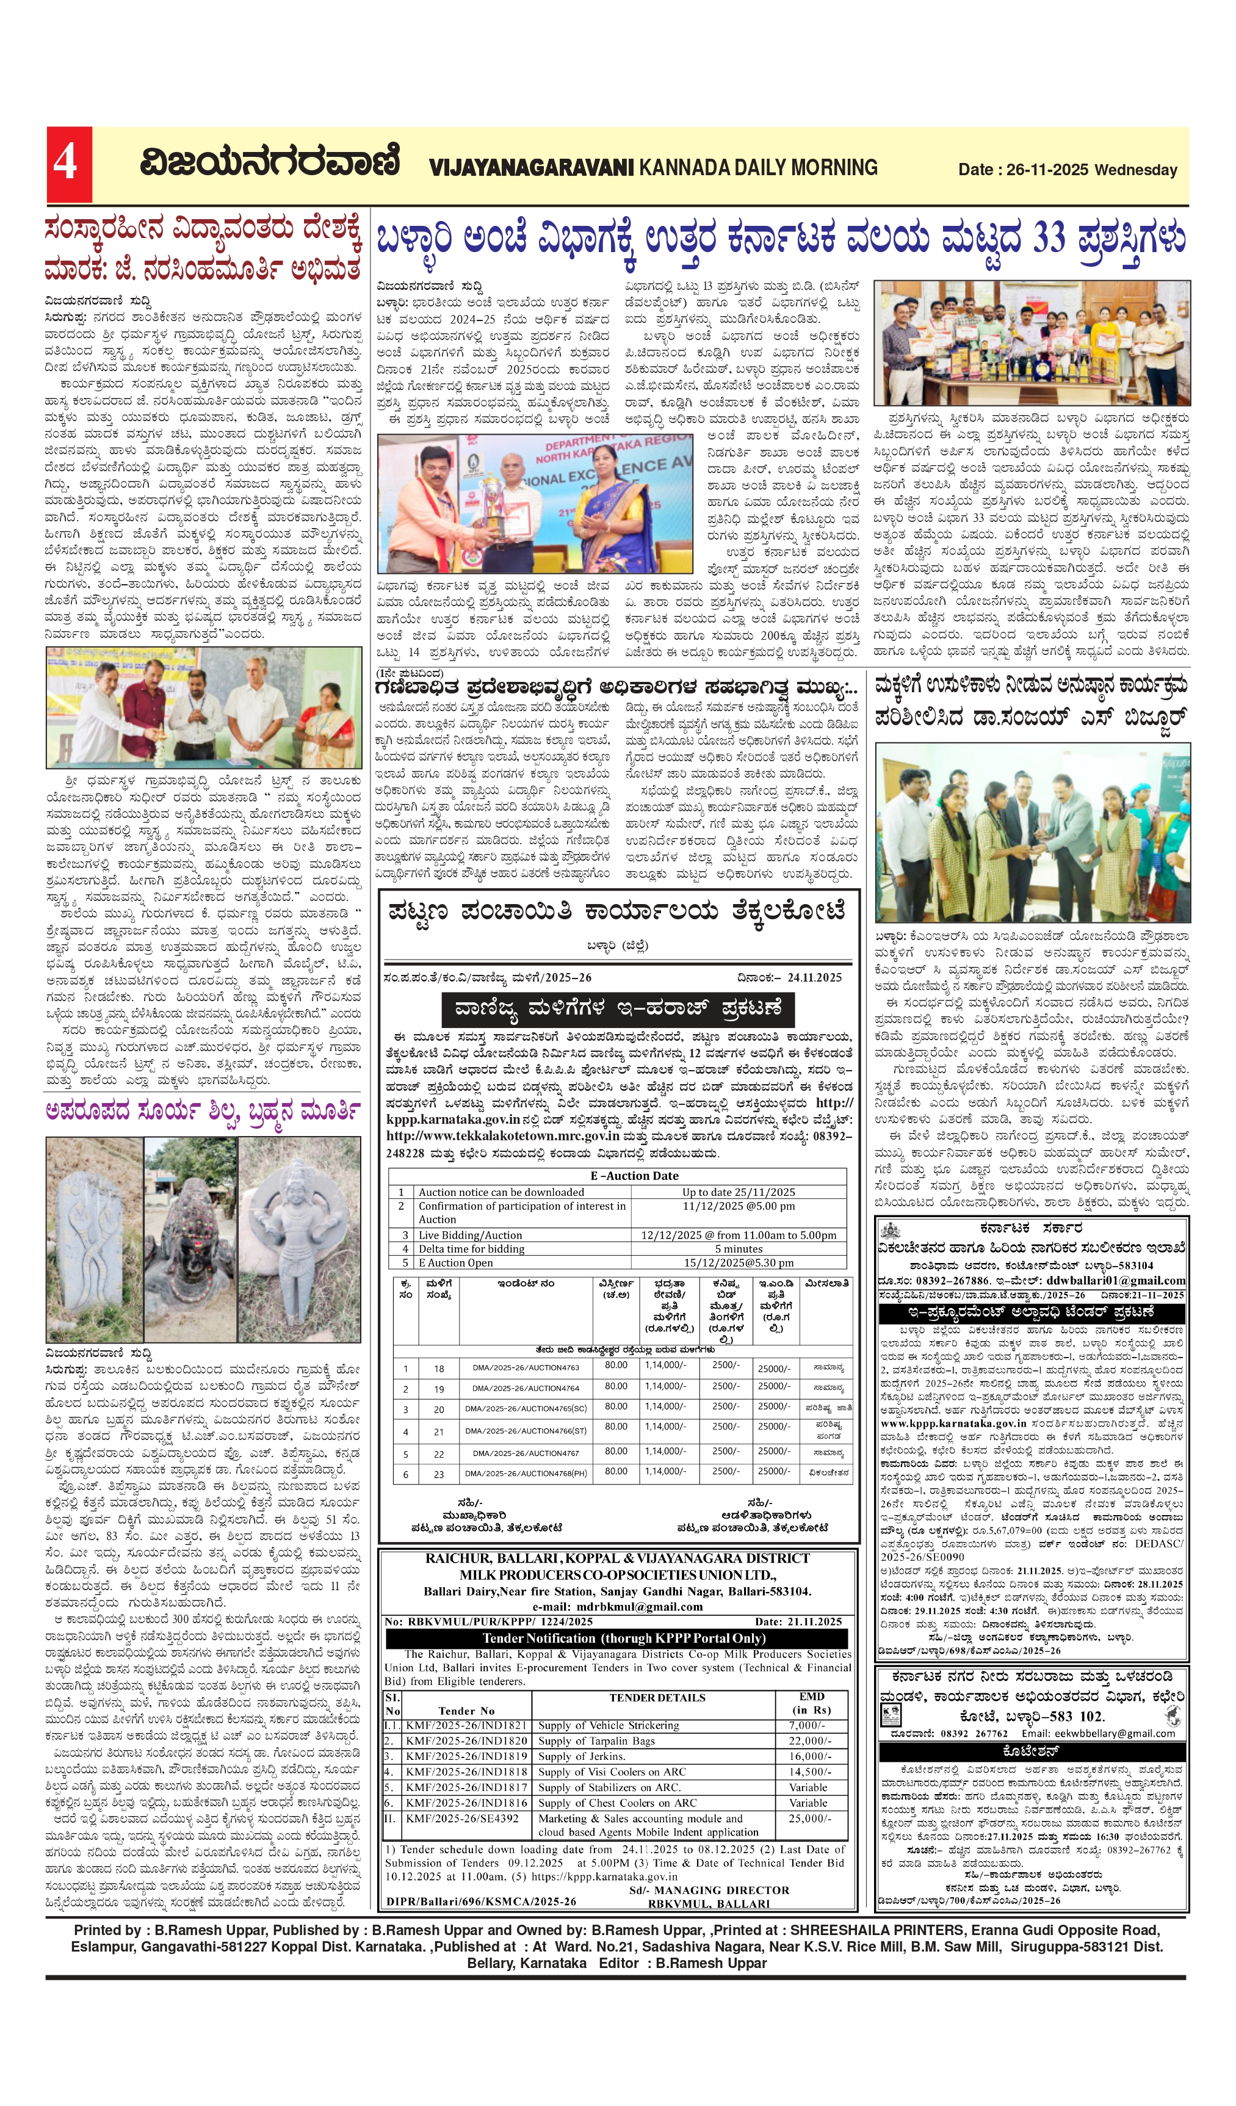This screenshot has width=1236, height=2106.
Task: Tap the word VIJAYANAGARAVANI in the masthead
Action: pyautogui.click(x=532, y=168)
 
